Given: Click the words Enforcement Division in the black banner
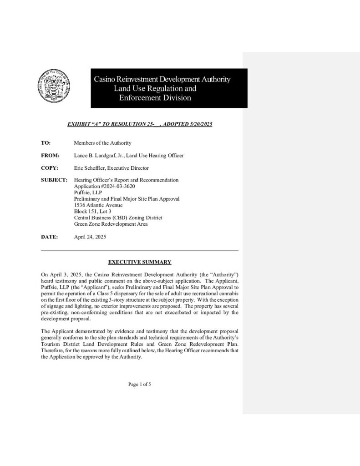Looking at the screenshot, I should (155, 98).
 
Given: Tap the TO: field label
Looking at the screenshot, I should (46, 143).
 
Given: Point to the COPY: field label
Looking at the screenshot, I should (49, 168).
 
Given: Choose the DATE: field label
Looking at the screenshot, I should (49, 237).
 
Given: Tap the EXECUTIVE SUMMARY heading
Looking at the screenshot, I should (139, 262).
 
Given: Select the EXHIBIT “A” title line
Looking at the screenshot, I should (140, 124).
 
